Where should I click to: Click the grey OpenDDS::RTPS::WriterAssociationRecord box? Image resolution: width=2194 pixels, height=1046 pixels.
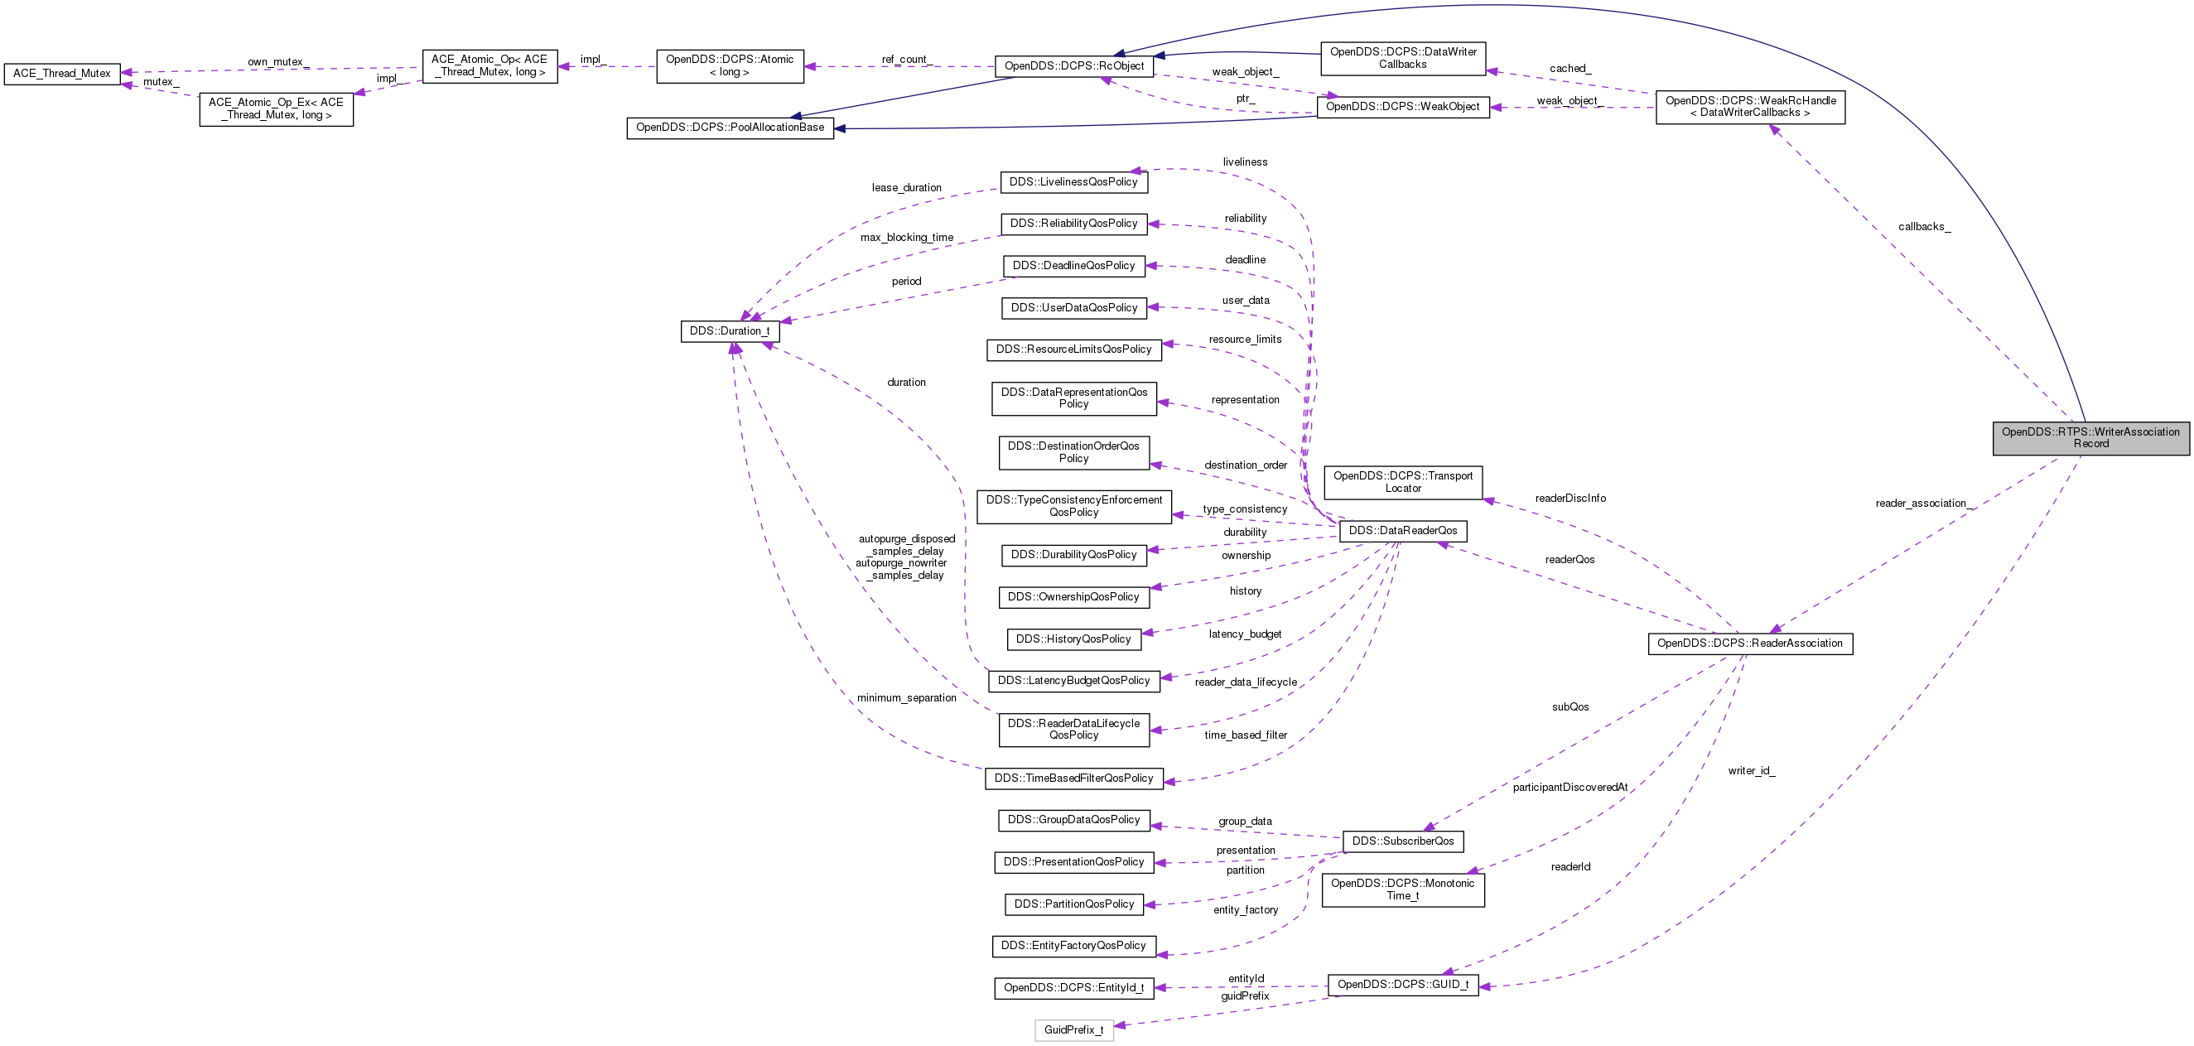click(2090, 438)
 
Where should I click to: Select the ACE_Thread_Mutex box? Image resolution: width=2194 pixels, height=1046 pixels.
click(62, 73)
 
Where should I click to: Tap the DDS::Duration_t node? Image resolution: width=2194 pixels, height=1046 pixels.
click(729, 331)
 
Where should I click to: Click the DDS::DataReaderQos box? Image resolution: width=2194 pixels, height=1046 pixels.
click(1403, 531)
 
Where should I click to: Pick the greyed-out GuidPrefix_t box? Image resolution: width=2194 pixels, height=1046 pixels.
click(1073, 1029)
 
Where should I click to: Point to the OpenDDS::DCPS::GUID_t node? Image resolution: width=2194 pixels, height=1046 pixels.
click(1403, 985)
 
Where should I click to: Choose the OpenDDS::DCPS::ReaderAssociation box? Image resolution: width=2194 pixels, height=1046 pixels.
click(1749, 644)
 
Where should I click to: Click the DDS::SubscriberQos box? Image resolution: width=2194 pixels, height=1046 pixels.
click(1403, 841)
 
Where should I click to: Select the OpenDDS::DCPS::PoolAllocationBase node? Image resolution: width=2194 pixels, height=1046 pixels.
click(730, 128)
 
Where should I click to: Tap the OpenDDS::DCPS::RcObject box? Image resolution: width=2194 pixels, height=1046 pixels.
click(1074, 65)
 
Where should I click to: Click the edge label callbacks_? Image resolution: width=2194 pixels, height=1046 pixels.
click(1924, 227)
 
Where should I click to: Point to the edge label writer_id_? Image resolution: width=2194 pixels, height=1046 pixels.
click(1751, 771)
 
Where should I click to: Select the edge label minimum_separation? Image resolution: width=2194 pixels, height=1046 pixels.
click(906, 698)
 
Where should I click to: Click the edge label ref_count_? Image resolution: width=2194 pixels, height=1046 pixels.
click(906, 60)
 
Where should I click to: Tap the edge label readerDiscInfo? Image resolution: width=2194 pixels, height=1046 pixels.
click(1570, 499)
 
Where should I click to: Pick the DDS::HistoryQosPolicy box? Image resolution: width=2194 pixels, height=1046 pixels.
click(1073, 639)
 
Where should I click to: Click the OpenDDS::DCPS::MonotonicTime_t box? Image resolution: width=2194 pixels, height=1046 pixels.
click(1403, 889)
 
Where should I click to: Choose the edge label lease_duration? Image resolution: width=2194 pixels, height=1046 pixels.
click(906, 188)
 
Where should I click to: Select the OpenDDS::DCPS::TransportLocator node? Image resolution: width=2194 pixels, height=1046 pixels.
click(1403, 482)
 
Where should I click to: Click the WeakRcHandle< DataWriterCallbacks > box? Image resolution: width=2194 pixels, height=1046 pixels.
click(1750, 107)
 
